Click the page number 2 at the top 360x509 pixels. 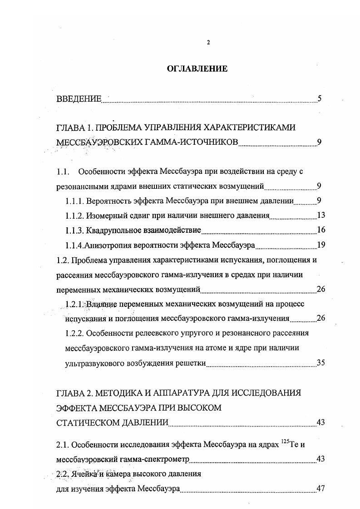click(x=208, y=43)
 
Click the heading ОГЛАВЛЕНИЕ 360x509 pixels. click(x=197, y=69)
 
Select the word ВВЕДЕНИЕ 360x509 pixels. click(x=79, y=99)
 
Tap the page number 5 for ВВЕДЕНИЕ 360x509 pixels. click(x=320, y=98)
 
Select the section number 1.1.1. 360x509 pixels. click(x=74, y=201)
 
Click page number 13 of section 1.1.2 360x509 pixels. click(x=321, y=215)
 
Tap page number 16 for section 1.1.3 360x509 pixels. click(x=321, y=230)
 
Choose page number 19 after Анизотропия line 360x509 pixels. click(x=321, y=245)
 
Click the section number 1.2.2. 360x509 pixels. click(x=74, y=333)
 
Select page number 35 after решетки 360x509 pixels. click(x=321, y=362)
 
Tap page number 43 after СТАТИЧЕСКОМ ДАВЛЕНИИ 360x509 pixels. click(x=321, y=423)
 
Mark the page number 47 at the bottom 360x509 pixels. click(x=321, y=489)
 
